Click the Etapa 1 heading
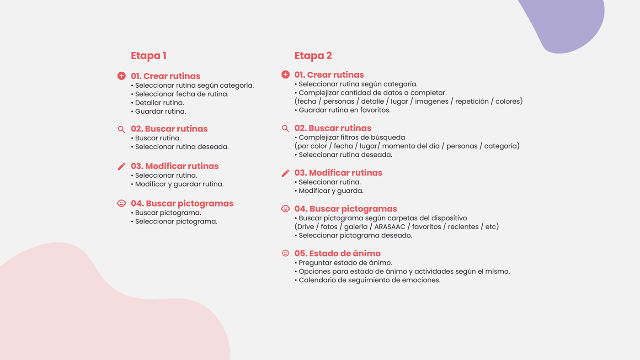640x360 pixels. [x=149, y=56]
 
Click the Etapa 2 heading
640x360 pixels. [x=313, y=56]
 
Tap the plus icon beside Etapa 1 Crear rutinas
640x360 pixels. [x=121, y=76]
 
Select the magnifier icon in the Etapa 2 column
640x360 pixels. [x=285, y=128]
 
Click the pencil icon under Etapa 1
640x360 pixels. [x=121, y=166]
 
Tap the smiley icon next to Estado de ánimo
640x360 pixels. [x=285, y=253]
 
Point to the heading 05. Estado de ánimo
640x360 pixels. [x=337, y=254]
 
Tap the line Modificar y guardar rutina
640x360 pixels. [x=179, y=184]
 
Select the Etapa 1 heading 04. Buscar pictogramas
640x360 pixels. [x=182, y=204]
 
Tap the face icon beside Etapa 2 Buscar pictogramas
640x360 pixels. [x=285, y=209]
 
